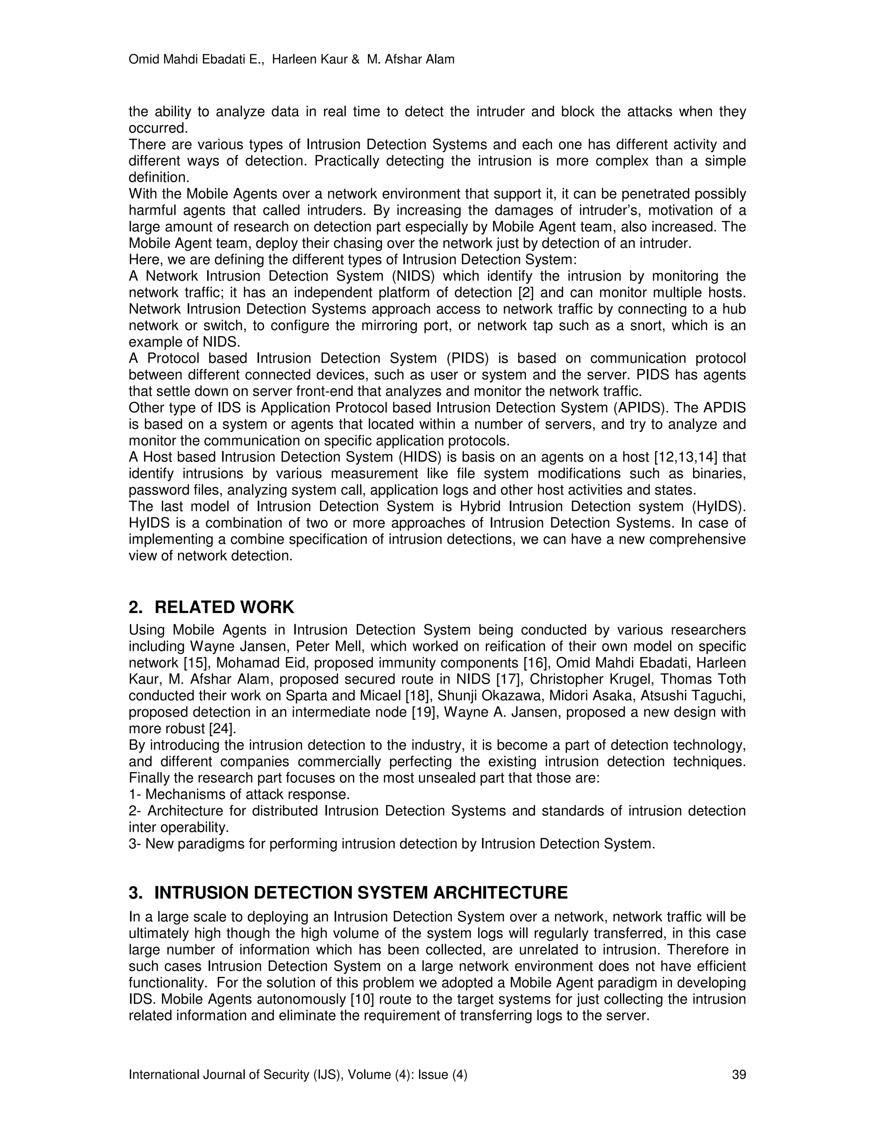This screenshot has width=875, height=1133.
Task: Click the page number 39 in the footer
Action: [739, 1075]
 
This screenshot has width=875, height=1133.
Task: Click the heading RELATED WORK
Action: [224, 608]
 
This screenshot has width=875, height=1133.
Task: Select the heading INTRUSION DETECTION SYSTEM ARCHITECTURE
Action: [361, 893]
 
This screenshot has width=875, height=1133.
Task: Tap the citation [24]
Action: [222, 729]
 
